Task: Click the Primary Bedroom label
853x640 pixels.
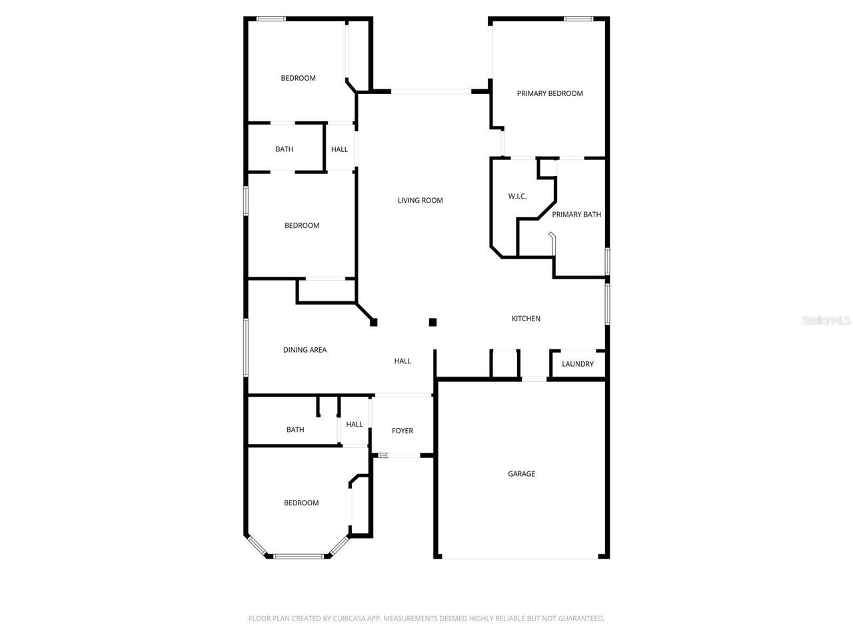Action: [550, 93]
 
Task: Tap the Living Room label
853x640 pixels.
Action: [420, 200]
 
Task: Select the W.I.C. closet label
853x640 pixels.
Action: [517, 196]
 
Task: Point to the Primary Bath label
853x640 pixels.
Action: [576, 214]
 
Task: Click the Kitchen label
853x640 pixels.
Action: [526, 319]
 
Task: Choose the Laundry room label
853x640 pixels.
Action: [577, 364]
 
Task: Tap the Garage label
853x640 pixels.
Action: [521, 474]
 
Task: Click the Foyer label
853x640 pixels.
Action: [402, 431]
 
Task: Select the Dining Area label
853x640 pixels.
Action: [305, 350]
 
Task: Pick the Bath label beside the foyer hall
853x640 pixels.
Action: [295, 430]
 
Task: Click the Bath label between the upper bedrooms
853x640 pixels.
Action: [285, 149]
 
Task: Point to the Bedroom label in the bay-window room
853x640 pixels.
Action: [301, 503]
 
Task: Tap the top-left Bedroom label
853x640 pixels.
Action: [298, 78]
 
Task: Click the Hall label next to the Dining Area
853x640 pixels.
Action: [403, 361]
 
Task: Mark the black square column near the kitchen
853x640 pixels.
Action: [432, 323]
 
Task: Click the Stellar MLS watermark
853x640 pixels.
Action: [826, 320]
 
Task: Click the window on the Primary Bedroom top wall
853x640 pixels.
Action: [578, 19]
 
